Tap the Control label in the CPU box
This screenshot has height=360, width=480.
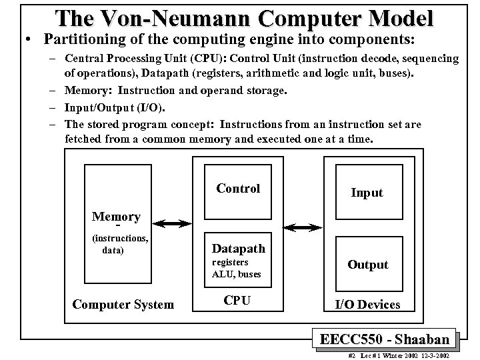[238, 189]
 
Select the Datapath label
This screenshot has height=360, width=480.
[238, 249]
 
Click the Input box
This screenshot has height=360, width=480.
[367, 193]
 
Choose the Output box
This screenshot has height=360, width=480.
[367, 265]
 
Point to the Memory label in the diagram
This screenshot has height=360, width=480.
[116, 217]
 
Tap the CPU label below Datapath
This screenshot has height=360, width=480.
[237, 301]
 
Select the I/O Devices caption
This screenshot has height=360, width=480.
[367, 305]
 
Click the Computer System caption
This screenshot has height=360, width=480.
[123, 305]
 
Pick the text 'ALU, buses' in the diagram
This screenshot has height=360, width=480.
[237, 274]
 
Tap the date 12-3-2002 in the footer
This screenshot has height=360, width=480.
[434, 356]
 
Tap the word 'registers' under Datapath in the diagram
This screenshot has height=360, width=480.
[230, 263]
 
